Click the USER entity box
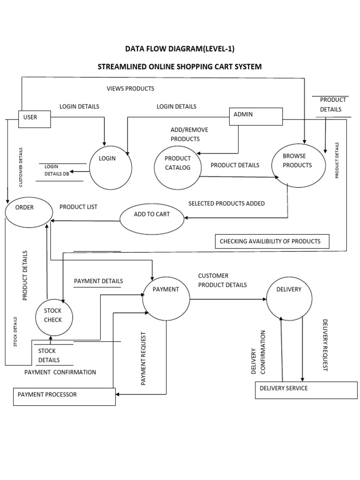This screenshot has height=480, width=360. (x=34, y=119)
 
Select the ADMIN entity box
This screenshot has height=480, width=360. (x=255, y=116)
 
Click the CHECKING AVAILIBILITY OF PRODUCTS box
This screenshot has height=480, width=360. (x=272, y=241)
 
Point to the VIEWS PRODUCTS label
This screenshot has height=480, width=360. (x=130, y=89)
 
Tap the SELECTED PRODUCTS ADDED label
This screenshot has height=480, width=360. (x=226, y=203)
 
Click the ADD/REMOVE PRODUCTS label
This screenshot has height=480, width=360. (x=189, y=134)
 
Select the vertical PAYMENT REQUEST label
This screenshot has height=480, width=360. (x=144, y=359)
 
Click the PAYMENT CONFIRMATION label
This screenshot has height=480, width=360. (x=60, y=372)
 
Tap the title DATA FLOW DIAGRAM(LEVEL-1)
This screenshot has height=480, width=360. (x=179, y=48)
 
